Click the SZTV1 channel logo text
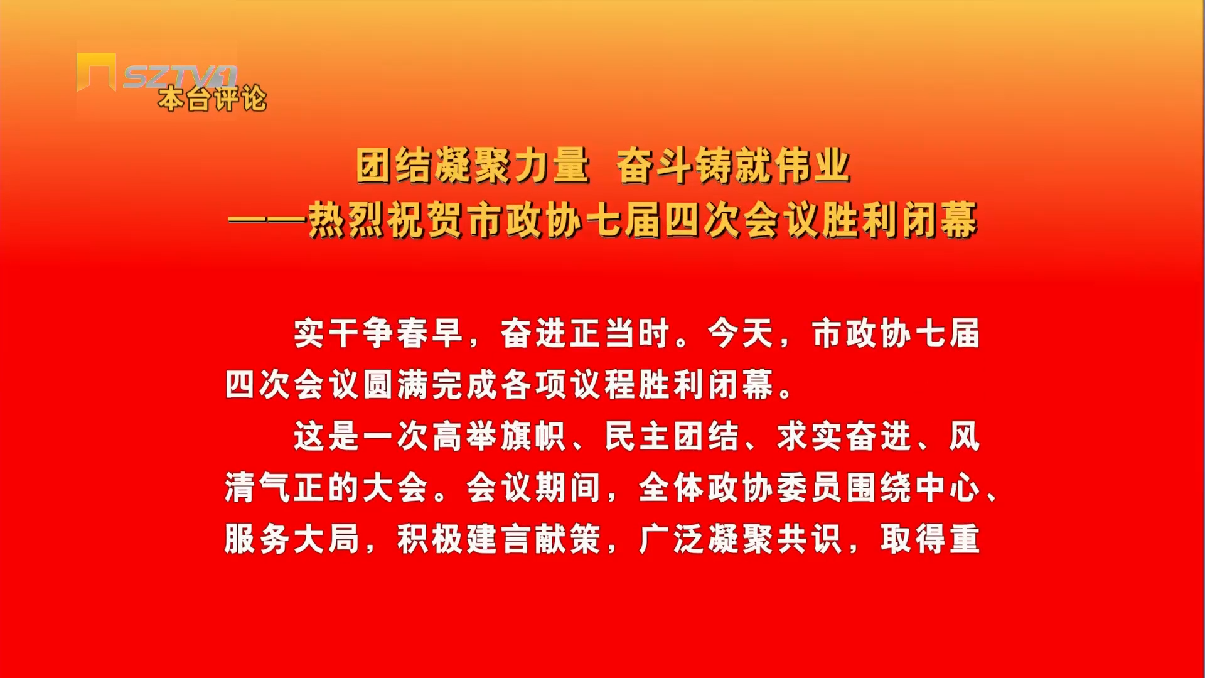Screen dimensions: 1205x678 click(180, 77)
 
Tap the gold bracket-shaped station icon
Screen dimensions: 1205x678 click(95, 72)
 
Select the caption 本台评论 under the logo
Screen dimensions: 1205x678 click(212, 99)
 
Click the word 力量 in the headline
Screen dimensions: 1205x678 click(552, 166)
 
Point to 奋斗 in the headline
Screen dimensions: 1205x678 click(654, 166)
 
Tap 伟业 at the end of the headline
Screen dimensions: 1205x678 click(812, 166)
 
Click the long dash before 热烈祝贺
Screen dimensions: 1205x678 click(267, 220)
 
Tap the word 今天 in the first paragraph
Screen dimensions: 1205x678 click(741, 333)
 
